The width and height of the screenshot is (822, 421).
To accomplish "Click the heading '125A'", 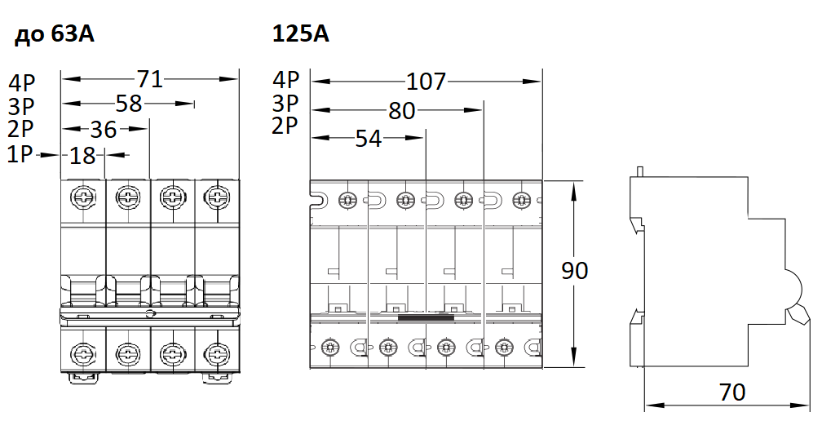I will click(x=301, y=35).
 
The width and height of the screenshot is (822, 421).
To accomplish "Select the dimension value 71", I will click(x=150, y=79).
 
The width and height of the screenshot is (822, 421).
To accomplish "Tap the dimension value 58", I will click(x=129, y=104).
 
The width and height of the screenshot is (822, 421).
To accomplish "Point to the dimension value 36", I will click(x=104, y=129).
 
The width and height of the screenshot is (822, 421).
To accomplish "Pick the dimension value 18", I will click(x=82, y=155).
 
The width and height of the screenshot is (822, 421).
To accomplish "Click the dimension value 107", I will click(x=426, y=82).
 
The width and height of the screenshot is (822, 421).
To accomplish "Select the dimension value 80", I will click(x=402, y=110).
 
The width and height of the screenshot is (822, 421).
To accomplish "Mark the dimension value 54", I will click(x=369, y=139).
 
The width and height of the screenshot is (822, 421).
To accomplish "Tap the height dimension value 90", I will click(x=575, y=271).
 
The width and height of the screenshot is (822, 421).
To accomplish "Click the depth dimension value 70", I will click(x=732, y=392).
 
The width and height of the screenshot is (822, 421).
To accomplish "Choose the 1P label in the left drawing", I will click(x=20, y=153).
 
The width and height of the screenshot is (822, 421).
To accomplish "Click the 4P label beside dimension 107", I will click(x=286, y=80).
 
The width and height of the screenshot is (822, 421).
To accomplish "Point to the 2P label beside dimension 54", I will click(x=286, y=125).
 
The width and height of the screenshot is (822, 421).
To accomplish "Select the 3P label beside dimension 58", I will click(x=20, y=105).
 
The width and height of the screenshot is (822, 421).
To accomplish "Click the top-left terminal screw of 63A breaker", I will click(x=83, y=197).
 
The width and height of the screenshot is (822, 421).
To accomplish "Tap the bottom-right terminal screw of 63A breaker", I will click(x=216, y=354).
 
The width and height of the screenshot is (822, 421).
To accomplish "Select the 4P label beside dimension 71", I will click(x=20, y=82).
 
